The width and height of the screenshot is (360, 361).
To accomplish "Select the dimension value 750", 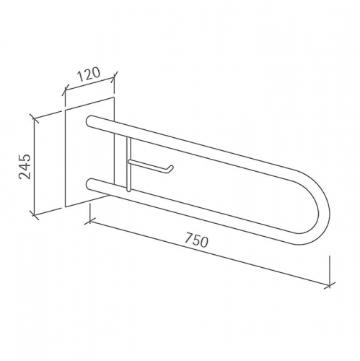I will pyautogui.click(x=196, y=242).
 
